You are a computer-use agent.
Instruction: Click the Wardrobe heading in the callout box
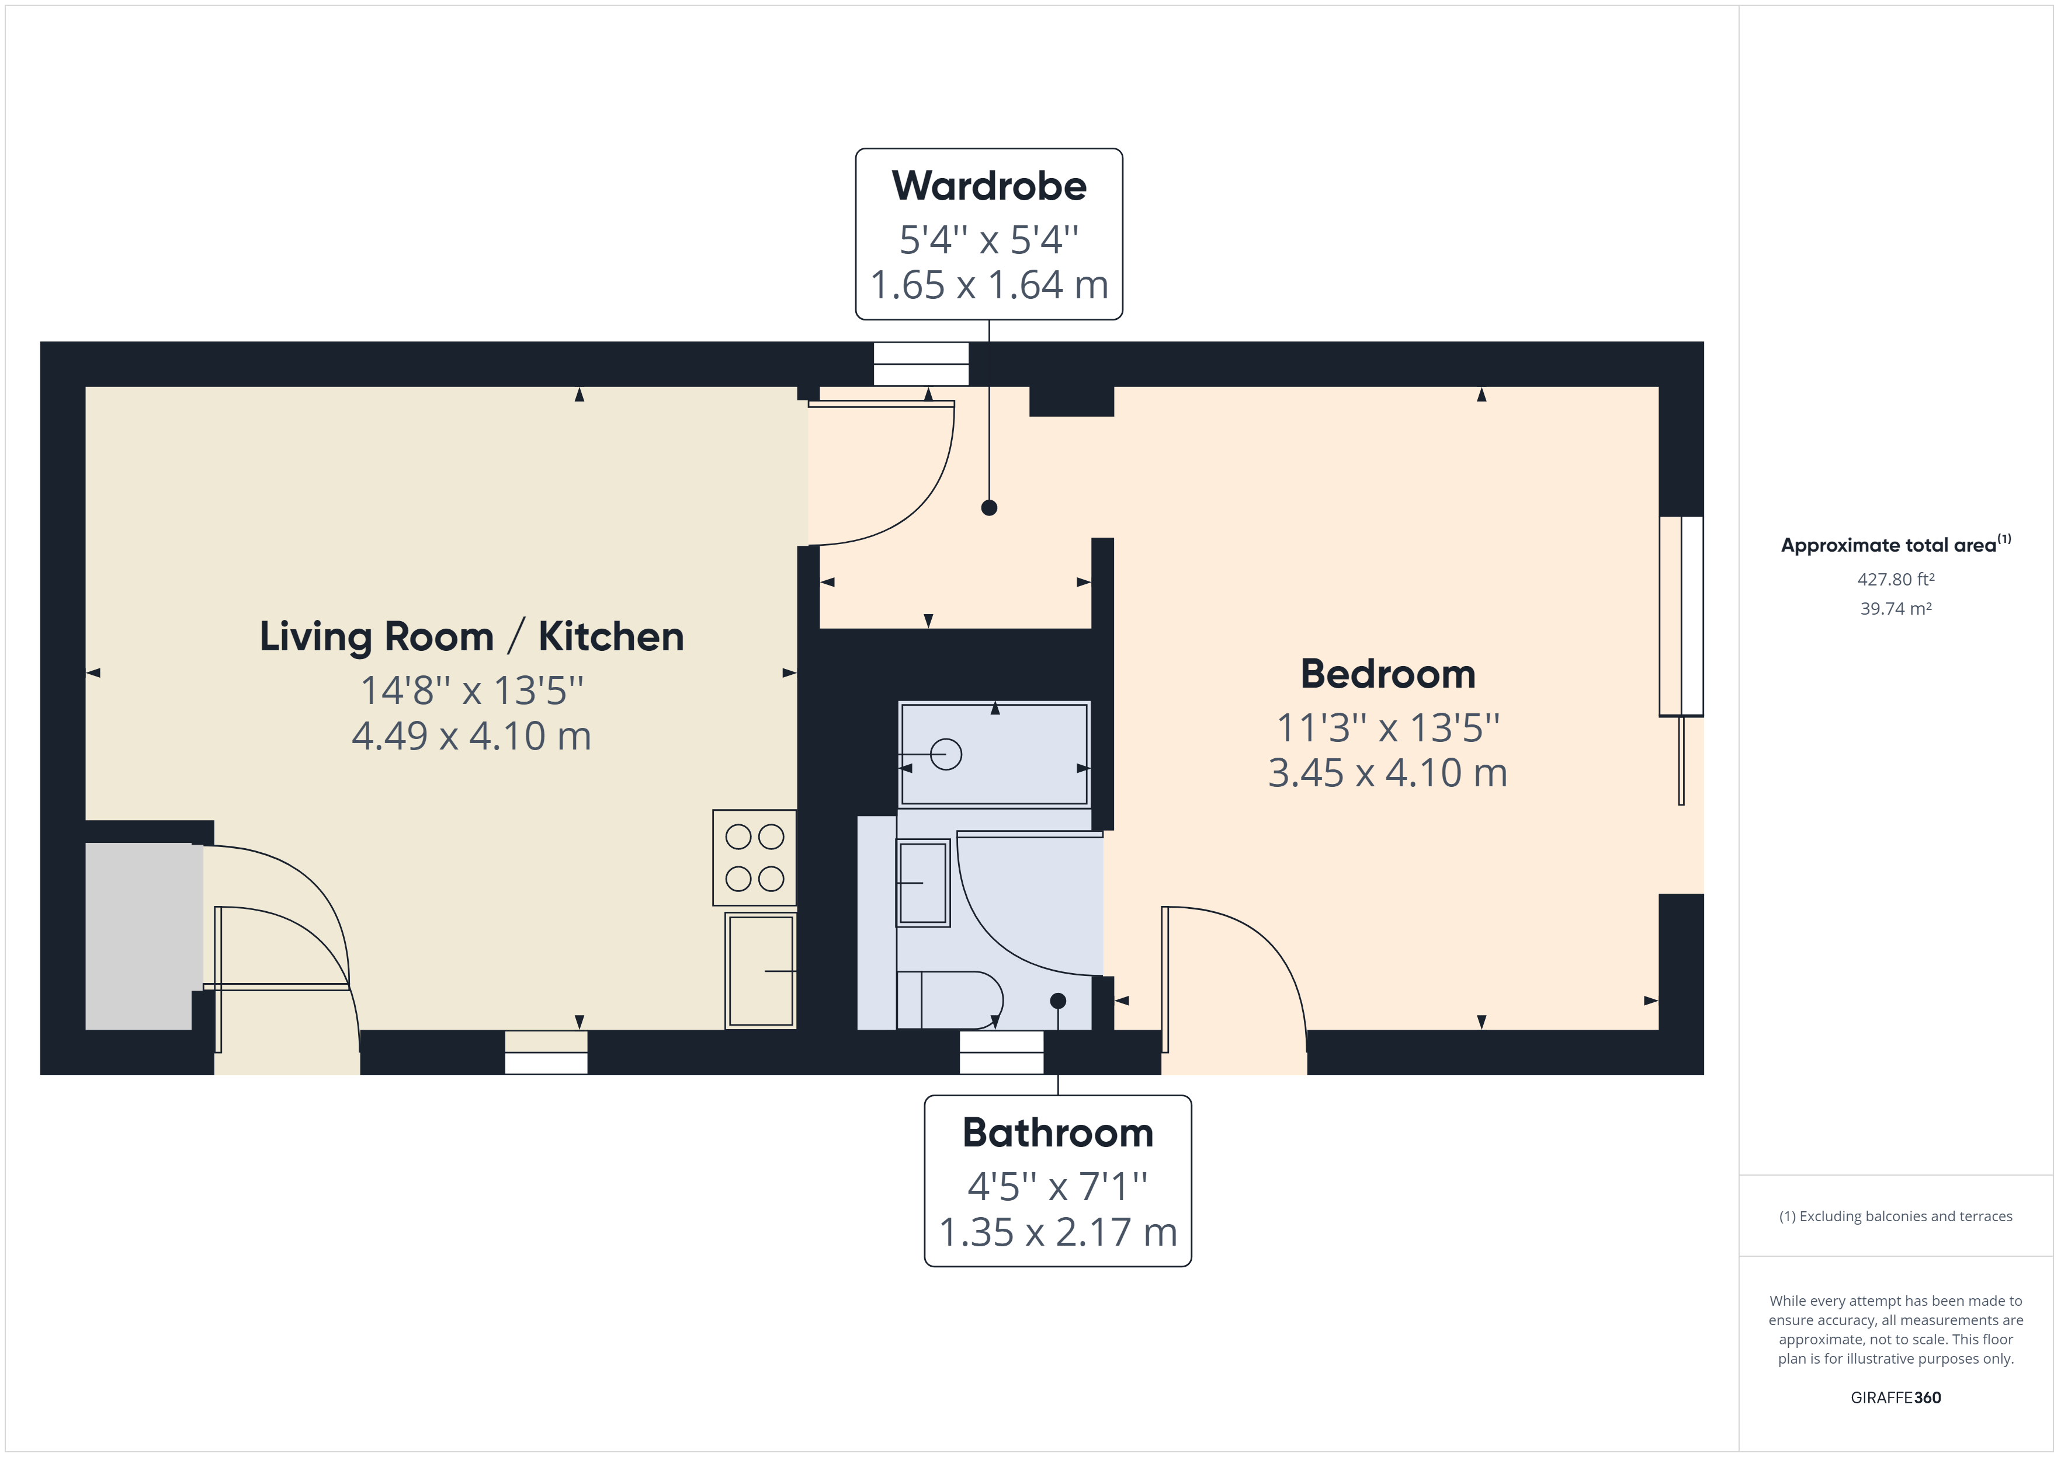[x=988, y=186]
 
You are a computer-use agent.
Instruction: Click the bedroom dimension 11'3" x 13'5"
[x=1388, y=727]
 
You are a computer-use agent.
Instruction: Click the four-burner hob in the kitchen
[x=754, y=858]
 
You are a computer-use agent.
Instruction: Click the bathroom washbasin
[x=923, y=883]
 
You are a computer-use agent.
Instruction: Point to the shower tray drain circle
[x=946, y=755]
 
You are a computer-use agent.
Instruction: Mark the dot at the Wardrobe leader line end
[x=989, y=508]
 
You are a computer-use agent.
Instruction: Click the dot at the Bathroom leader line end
[x=1059, y=1001]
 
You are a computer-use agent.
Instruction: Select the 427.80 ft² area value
[x=1896, y=580]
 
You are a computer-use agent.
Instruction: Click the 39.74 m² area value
[x=1896, y=608]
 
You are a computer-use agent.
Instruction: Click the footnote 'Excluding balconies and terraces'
[x=1906, y=1216]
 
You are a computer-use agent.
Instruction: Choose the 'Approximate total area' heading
[x=1889, y=545]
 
